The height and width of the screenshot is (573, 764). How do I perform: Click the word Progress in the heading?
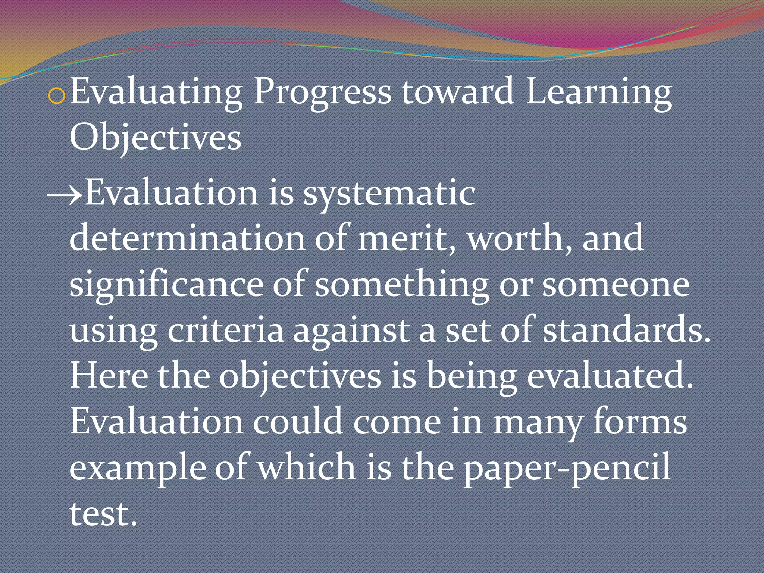[322, 93]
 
